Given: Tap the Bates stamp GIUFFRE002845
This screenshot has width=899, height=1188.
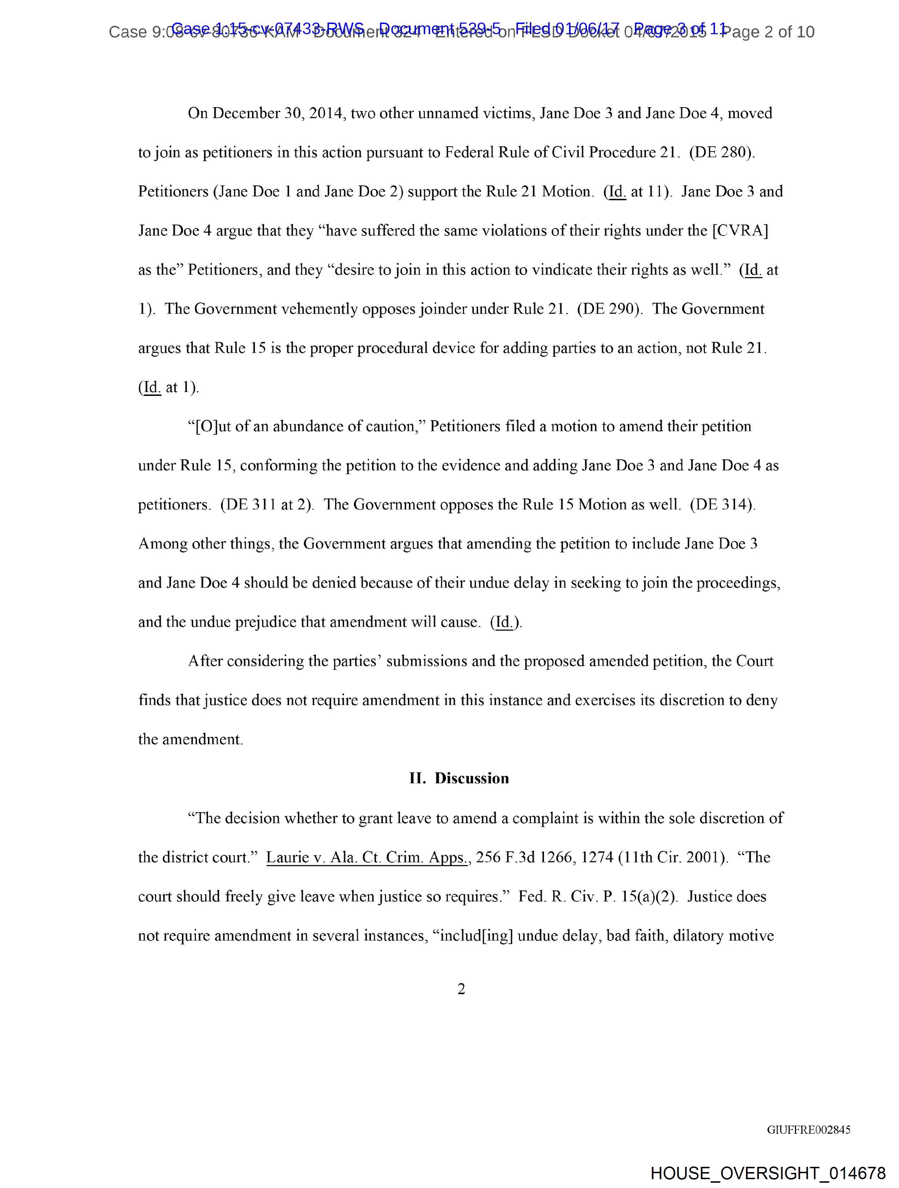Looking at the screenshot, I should click(808, 1129).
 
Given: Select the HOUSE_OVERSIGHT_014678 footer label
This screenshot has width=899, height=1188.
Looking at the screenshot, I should click(767, 1172).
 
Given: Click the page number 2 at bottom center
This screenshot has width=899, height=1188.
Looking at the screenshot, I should click(461, 989).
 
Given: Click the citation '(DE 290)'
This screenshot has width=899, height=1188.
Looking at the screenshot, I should click(610, 309).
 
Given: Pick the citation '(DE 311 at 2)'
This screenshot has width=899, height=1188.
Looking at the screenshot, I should click(267, 505).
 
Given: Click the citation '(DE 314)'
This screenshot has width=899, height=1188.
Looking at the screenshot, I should click(722, 505).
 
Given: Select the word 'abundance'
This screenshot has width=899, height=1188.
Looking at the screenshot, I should click(307, 426).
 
